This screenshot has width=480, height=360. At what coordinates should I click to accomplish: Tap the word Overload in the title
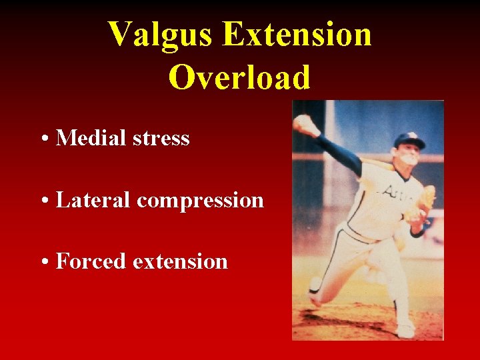[x=239, y=77]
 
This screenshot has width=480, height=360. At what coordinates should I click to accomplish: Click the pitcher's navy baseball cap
[x=408, y=140]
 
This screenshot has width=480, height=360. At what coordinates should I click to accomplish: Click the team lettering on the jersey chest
[x=395, y=193]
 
